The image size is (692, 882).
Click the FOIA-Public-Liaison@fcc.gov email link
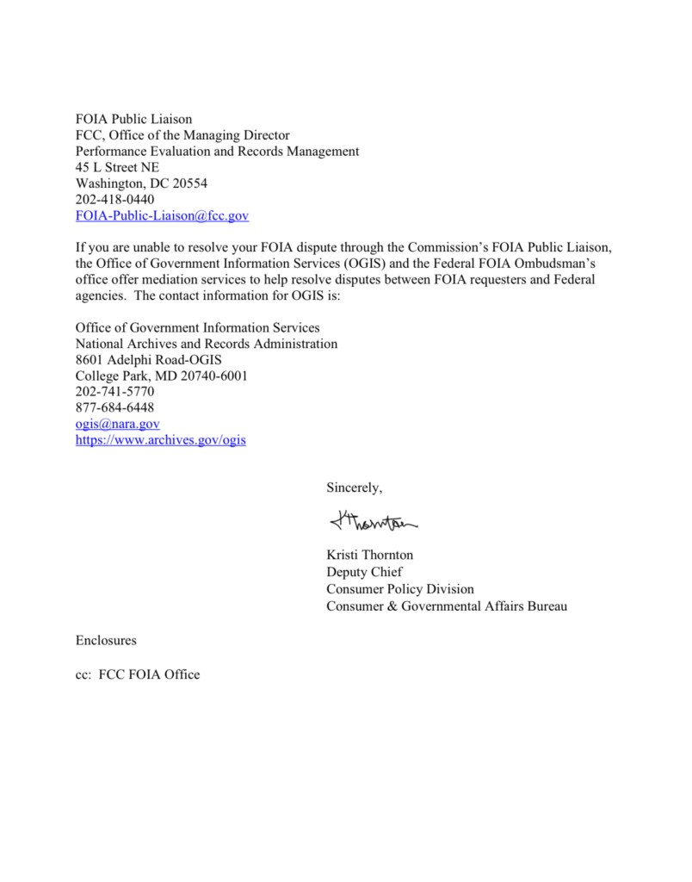(x=162, y=216)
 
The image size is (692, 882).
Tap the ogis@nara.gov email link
(x=118, y=425)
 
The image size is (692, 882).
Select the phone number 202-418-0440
(x=115, y=200)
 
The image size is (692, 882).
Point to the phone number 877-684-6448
(x=115, y=408)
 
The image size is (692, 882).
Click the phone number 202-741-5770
(x=115, y=392)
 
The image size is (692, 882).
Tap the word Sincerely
(x=354, y=488)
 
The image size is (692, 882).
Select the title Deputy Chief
(x=364, y=572)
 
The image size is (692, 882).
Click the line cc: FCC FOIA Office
(x=138, y=674)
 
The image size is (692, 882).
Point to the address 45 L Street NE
(x=117, y=167)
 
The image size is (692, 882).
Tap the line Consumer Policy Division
(x=399, y=589)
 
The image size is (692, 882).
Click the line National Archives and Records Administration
(x=207, y=344)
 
